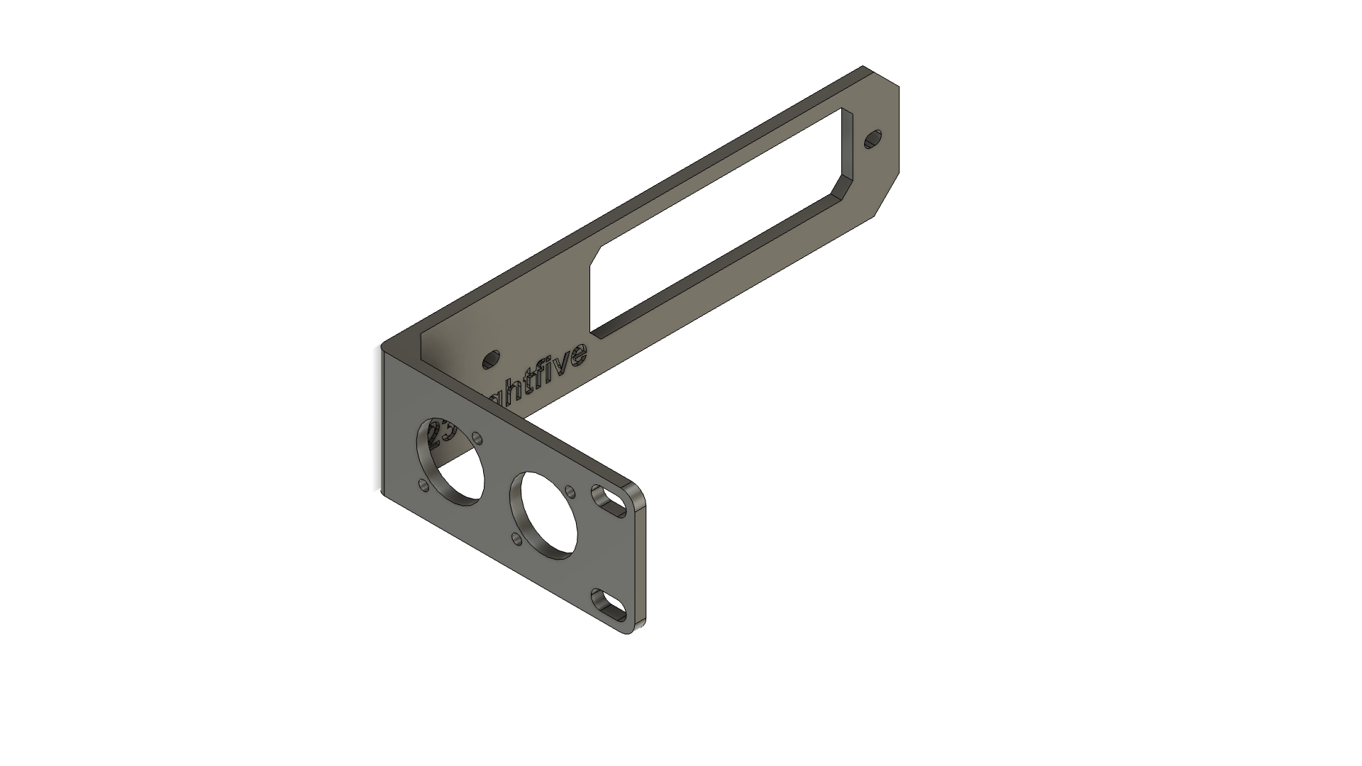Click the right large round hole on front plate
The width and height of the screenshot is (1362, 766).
click(549, 512)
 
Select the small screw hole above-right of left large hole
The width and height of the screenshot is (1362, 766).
click(477, 438)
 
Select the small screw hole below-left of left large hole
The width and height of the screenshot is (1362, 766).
click(423, 486)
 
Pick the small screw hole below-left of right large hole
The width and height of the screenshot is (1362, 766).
click(516, 541)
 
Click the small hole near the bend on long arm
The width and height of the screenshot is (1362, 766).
click(490, 360)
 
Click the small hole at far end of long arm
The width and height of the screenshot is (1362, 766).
click(873, 139)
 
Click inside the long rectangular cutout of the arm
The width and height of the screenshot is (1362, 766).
click(716, 234)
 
